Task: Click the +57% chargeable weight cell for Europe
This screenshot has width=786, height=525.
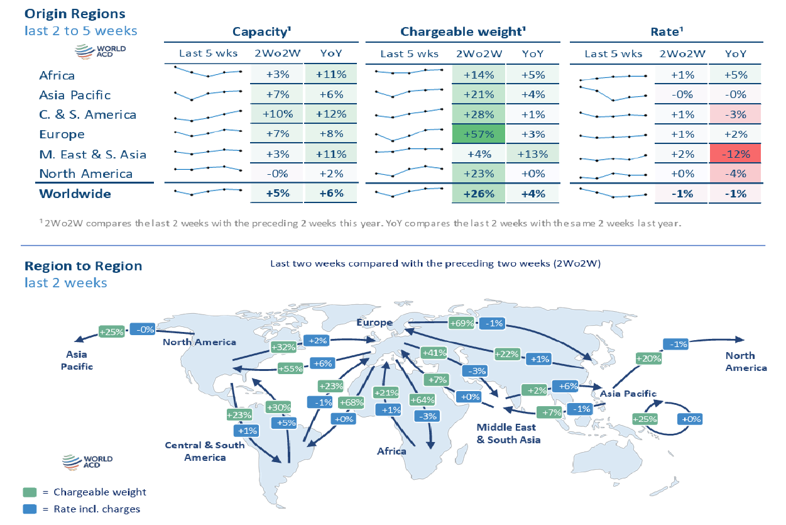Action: (x=478, y=135)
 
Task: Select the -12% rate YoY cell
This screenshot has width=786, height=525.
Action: (x=735, y=154)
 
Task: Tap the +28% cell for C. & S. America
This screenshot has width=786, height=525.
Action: (x=478, y=114)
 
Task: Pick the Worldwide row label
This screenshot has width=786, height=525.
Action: (x=75, y=194)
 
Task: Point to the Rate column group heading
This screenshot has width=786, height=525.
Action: (x=666, y=31)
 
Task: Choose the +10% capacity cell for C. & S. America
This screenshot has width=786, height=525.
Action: (x=277, y=114)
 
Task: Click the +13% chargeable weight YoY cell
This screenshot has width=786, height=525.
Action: (x=532, y=154)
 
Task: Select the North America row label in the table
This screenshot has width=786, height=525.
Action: (x=85, y=174)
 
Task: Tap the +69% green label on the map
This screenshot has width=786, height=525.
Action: (x=461, y=323)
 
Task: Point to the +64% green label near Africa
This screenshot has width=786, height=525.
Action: (x=422, y=399)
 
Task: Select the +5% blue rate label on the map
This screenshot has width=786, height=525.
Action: (x=284, y=423)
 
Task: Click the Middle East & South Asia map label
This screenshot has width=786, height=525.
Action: (x=508, y=433)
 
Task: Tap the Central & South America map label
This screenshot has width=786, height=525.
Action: (x=205, y=451)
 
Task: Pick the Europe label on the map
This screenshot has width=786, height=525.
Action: (x=374, y=323)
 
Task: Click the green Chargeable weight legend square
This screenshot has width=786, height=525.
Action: (x=30, y=492)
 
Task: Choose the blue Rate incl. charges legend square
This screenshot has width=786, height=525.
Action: (x=30, y=509)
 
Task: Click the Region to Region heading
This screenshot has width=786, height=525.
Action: (x=83, y=266)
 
